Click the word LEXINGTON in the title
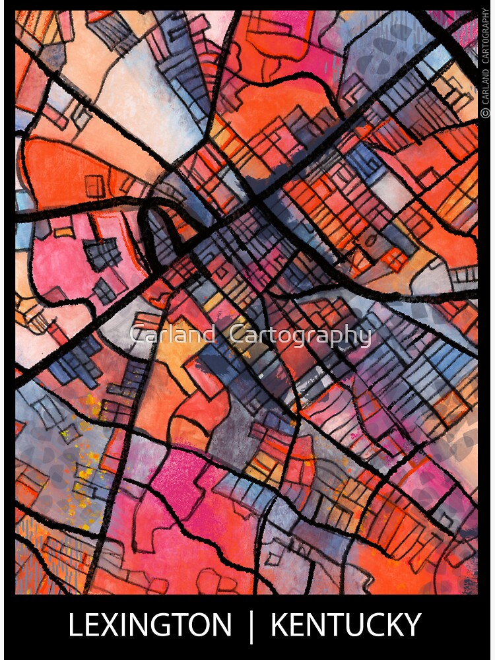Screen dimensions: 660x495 click(150, 625)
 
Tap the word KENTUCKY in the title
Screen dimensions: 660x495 click(346, 625)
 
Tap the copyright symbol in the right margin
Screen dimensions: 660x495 click(486, 114)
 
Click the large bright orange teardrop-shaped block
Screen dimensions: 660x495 click(73, 168)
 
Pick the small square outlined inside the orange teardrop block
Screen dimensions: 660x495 click(95, 186)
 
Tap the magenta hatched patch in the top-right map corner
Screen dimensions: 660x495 click(462, 26)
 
